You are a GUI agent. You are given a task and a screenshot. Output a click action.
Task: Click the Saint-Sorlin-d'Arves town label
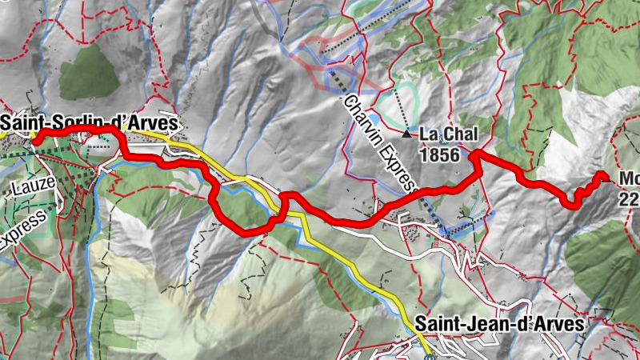coord(90,124)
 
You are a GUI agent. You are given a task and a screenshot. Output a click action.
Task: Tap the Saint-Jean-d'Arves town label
coord(500,325)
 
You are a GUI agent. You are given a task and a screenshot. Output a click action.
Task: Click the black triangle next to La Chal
coord(406,134)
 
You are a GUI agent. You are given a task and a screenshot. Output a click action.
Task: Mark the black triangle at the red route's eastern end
coord(602,175)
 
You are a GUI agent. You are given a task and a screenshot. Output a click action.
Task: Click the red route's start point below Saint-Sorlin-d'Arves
coord(35,139)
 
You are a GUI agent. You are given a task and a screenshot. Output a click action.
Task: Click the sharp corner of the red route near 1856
coord(474,154)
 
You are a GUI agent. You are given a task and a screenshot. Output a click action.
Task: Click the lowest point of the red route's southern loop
coord(248,232)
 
